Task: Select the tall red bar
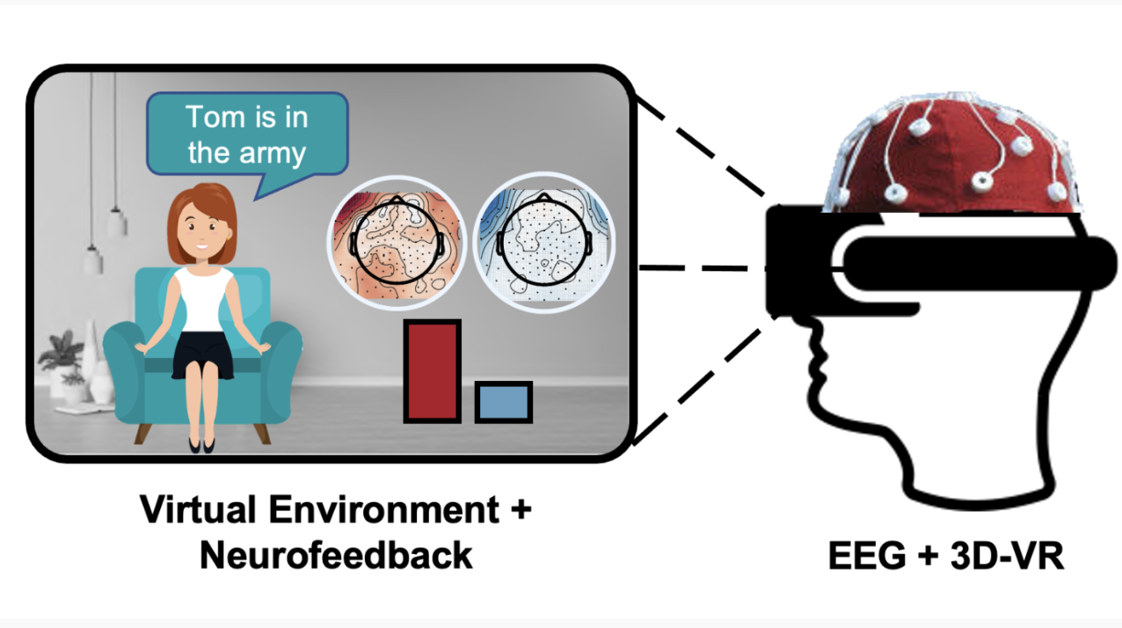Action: tap(432, 371)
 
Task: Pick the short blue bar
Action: tap(503, 402)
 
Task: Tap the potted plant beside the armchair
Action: tap(64, 361)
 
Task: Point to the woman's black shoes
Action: tap(201, 444)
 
